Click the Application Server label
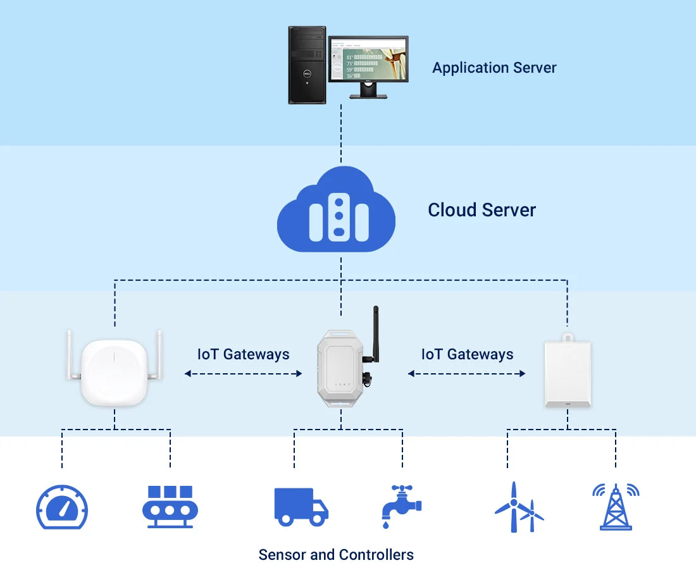[x=494, y=68]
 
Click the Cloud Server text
[x=482, y=210]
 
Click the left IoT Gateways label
[x=243, y=354]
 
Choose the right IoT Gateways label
[x=467, y=354]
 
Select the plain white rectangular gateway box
[x=568, y=374]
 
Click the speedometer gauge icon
[x=62, y=508]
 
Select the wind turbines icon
[x=518, y=507]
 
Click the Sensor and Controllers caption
[x=336, y=555]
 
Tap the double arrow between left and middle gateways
[x=243, y=374]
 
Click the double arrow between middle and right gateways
[x=467, y=374]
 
